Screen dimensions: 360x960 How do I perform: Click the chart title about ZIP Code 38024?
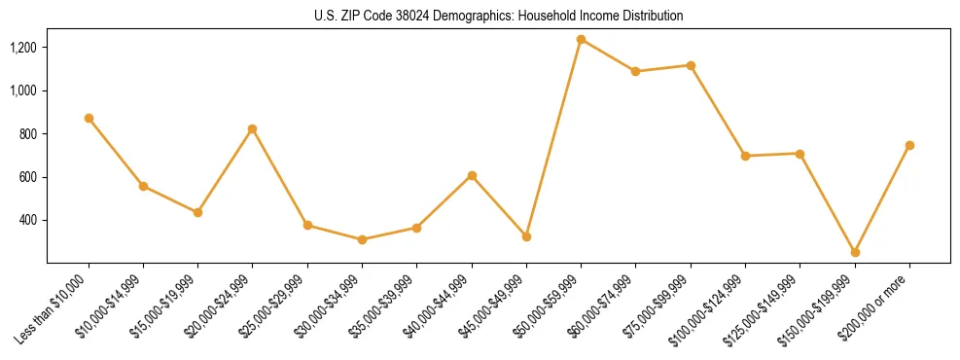[499, 16]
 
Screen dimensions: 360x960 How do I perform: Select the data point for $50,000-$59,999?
[581, 40]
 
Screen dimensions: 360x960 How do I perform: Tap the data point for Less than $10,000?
[89, 118]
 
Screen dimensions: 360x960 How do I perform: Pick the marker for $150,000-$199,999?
[855, 252]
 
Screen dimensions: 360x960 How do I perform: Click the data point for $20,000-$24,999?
[253, 128]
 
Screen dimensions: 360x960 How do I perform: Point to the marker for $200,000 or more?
[909, 145]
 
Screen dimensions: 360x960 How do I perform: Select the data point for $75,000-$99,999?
[691, 65]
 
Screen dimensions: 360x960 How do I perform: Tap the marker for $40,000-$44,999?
[472, 175]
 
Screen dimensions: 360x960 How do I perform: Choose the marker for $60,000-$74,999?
[636, 71]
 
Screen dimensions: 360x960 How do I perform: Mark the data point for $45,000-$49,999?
[526, 236]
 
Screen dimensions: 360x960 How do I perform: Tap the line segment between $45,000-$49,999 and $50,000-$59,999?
[553, 138]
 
